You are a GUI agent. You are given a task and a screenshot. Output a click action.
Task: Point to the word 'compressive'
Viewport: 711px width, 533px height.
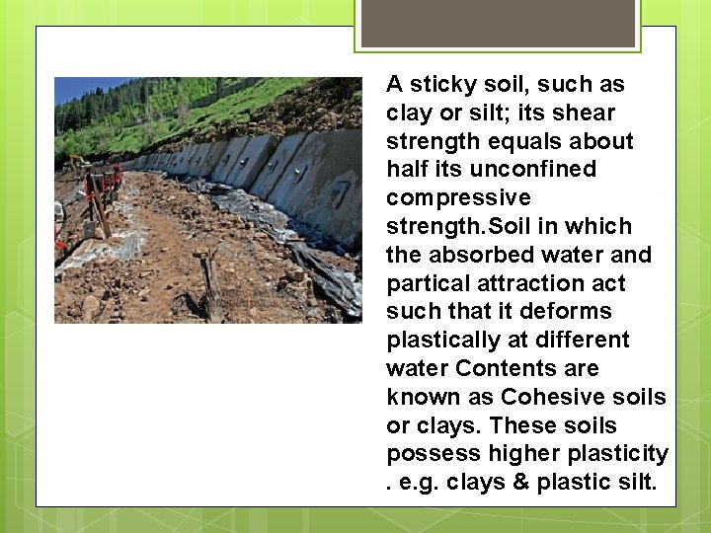click(458, 198)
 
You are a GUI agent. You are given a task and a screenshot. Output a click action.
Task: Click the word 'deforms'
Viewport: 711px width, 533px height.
click(574, 312)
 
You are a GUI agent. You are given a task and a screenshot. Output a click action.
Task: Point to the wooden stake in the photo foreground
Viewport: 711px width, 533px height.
click(210, 286)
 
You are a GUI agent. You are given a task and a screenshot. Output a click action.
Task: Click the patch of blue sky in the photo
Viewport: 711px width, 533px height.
click(79, 87)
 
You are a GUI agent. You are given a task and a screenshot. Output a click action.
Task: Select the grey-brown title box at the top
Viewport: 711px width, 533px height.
click(498, 22)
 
